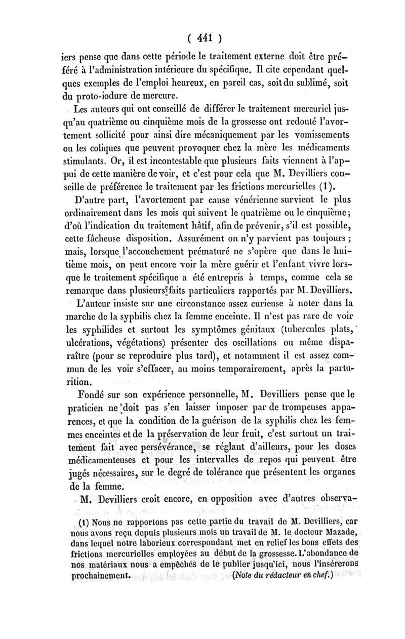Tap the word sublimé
coord(292,82)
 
